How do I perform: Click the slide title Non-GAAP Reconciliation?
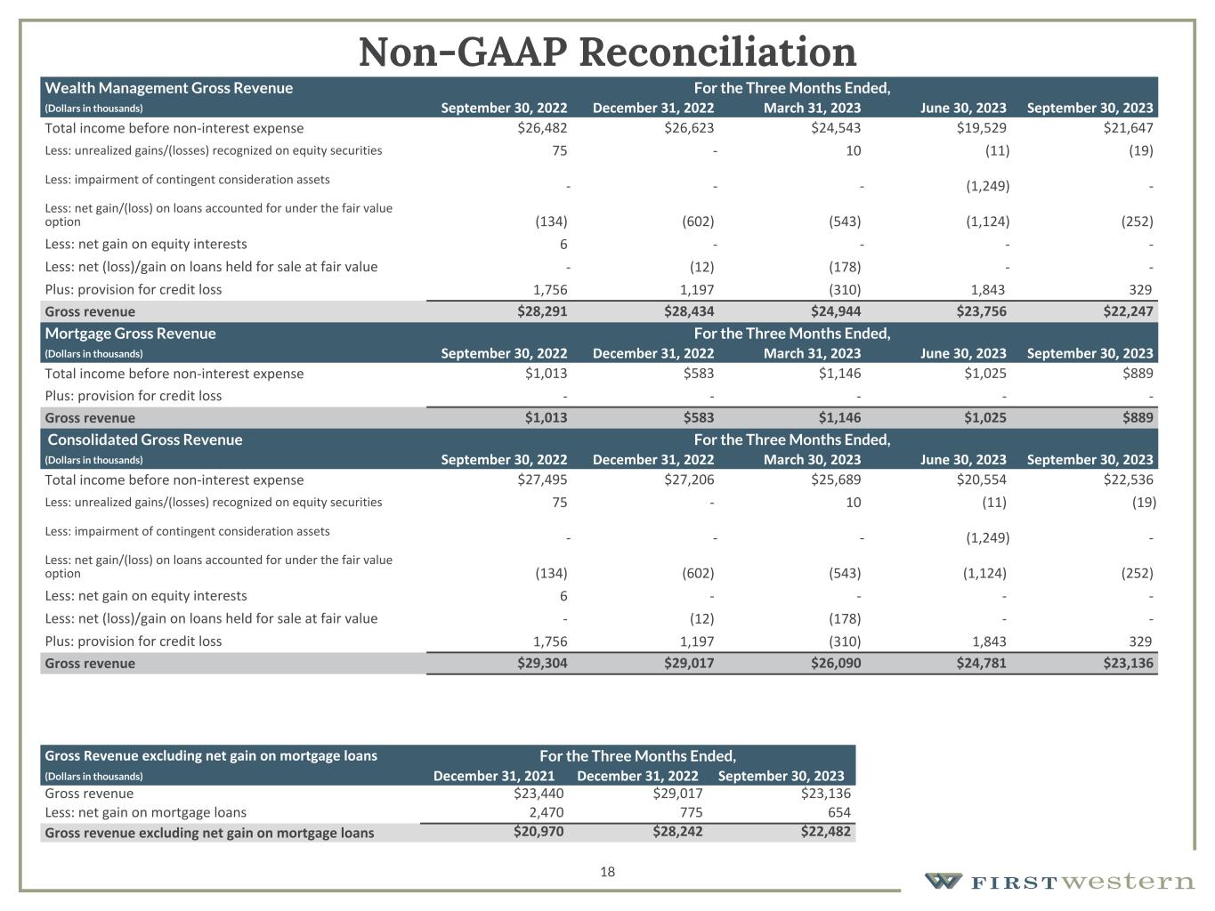click(607, 52)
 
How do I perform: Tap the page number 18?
click(607, 872)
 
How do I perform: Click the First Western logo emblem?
click(943, 881)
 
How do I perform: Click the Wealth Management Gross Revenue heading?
click(169, 88)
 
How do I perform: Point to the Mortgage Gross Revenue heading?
click(131, 334)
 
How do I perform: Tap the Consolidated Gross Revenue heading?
click(144, 439)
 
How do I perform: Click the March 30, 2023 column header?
click(812, 460)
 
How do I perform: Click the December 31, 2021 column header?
click(494, 776)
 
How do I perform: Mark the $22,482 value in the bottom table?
click(825, 832)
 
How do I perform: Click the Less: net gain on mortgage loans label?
click(146, 812)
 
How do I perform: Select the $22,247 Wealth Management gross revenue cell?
click(1128, 311)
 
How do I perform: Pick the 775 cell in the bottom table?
click(691, 812)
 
